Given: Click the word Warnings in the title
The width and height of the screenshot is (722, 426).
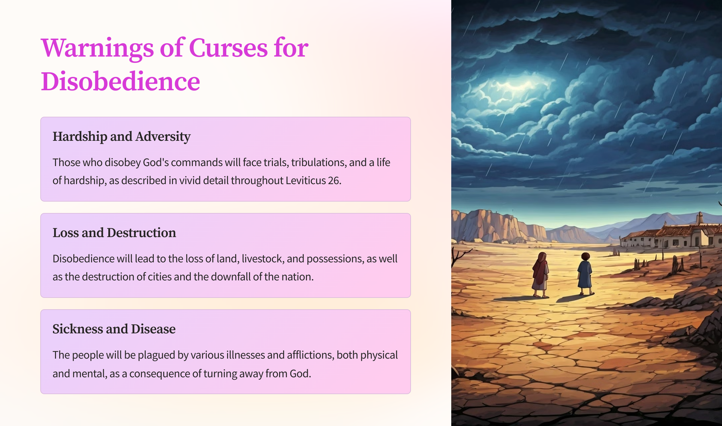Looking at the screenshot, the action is [98, 48].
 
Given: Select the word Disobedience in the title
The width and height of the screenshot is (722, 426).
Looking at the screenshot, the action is [121, 81].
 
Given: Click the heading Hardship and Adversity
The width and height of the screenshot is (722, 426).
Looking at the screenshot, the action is [121, 136].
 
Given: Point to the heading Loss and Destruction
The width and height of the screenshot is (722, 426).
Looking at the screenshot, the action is [114, 233].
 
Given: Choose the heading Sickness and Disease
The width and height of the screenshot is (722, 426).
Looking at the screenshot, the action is [114, 329].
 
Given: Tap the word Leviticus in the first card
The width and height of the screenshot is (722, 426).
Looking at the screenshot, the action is [305, 181].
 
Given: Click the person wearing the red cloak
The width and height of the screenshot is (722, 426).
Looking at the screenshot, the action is [540, 275].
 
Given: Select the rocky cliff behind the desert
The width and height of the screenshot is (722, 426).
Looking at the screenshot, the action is [497, 226].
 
